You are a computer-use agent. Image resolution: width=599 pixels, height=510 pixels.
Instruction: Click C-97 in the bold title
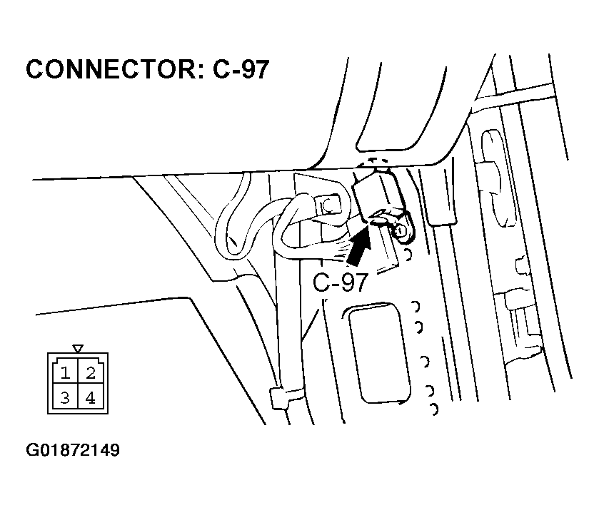(x=241, y=69)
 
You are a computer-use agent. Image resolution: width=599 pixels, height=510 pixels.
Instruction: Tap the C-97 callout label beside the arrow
(x=341, y=282)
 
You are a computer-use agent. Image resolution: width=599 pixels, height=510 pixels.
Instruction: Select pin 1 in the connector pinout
(x=65, y=372)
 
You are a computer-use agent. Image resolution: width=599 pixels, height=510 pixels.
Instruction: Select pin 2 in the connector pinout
(x=91, y=372)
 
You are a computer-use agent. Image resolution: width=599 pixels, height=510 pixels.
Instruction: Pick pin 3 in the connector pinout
(x=65, y=398)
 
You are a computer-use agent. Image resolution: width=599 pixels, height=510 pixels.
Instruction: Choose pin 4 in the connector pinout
(x=91, y=398)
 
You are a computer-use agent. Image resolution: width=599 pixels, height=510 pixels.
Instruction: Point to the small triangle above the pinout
(x=78, y=349)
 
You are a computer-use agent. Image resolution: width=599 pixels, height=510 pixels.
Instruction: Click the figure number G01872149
(x=73, y=450)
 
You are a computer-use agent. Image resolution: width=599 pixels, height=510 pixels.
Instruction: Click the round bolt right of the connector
(x=401, y=230)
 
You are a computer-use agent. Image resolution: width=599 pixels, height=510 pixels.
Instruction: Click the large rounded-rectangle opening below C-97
(x=378, y=353)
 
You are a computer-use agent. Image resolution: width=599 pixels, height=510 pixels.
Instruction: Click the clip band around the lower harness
(x=286, y=397)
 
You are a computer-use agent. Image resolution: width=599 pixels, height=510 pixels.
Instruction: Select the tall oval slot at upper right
(x=497, y=178)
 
